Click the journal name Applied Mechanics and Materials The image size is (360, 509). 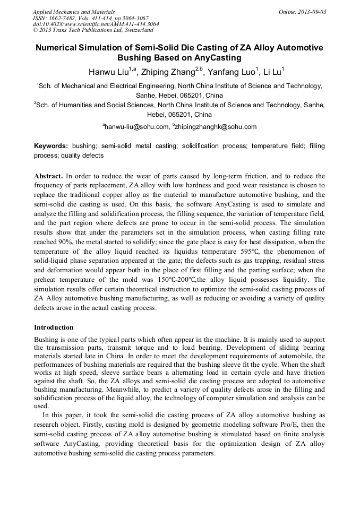coord(74,11)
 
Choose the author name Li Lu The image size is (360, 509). coord(274,72)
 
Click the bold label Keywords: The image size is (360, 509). coord(51,145)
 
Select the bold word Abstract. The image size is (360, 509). coord(49,176)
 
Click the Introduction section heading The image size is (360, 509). coord(54,327)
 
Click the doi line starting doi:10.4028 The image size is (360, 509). coord(96,24)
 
